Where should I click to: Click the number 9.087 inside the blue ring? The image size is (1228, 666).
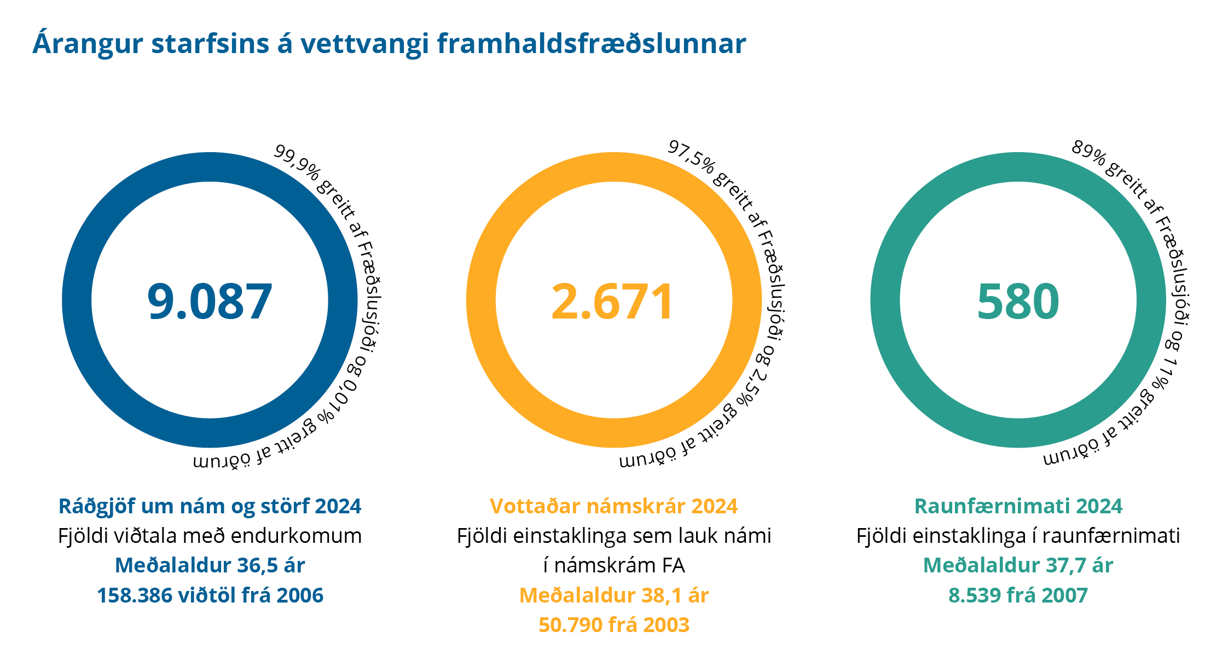[210, 301]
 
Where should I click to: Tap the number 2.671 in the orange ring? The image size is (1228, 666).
[613, 301]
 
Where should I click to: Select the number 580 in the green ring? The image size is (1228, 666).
[1018, 301]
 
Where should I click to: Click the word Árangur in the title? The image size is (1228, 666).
[88, 44]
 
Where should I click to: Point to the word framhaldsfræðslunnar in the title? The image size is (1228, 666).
[591, 44]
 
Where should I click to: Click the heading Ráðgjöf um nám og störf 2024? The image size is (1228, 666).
[210, 506]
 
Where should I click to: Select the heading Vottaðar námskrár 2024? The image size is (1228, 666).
[613, 506]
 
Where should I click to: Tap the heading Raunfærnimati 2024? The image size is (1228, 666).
[1018, 506]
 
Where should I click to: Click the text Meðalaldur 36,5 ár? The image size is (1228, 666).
[210, 565]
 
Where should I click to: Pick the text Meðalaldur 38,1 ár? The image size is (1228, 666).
[613, 595]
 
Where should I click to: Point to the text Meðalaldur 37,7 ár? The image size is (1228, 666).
[1018, 565]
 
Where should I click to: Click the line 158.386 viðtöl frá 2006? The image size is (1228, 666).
[210, 595]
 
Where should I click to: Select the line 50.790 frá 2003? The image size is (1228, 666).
[613, 625]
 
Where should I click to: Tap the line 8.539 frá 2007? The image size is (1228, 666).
[1018, 595]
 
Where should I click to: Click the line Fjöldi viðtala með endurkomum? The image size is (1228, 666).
[210, 536]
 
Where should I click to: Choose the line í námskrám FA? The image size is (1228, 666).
[613, 565]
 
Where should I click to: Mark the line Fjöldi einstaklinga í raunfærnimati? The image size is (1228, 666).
[1018, 536]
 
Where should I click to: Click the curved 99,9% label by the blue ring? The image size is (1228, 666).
[296, 161]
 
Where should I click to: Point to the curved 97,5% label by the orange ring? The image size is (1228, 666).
[691, 157]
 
